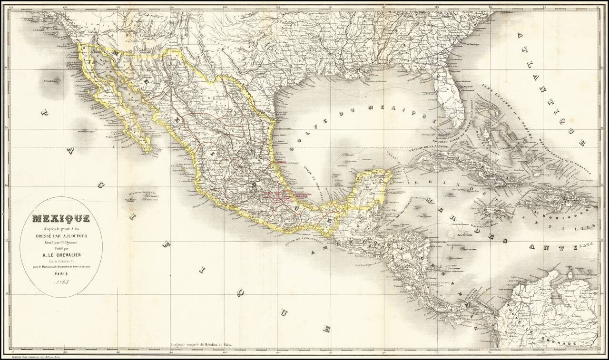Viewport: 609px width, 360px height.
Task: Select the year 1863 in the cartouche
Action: point(61,284)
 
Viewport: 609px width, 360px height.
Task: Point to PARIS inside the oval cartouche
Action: point(61,274)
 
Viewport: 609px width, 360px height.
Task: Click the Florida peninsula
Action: point(449,100)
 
